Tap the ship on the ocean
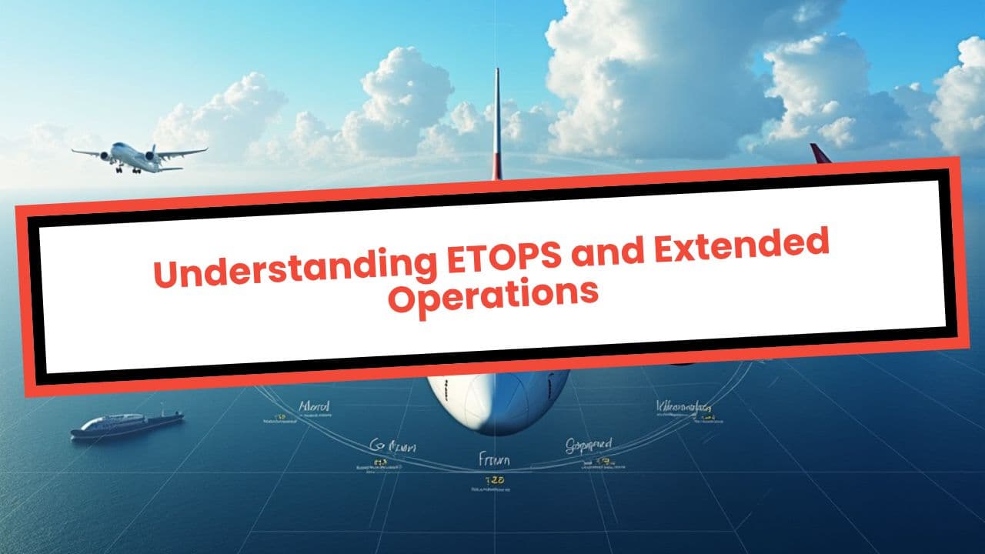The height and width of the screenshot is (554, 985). (128, 424)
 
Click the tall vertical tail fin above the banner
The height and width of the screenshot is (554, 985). (497, 123)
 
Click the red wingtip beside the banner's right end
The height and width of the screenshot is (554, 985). (820, 153)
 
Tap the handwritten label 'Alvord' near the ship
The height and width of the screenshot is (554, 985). (313, 406)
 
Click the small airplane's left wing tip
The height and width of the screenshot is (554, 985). (75, 152)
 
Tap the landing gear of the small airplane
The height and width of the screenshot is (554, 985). (120, 170)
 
